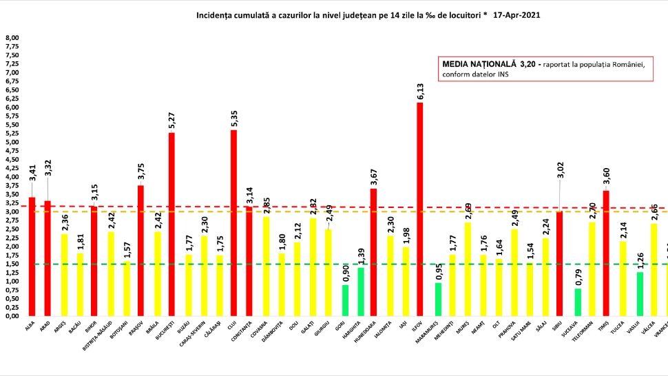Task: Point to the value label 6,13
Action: pyautogui.click(x=420, y=92)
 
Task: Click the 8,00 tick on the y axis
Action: pyautogui.click(x=12, y=38)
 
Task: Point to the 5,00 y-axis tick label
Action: pyautogui.click(x=12, y=143)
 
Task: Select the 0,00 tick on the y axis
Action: pyautogui.click(x=12, y=316)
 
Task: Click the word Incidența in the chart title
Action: pyautogui.click(x=216, y=14)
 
